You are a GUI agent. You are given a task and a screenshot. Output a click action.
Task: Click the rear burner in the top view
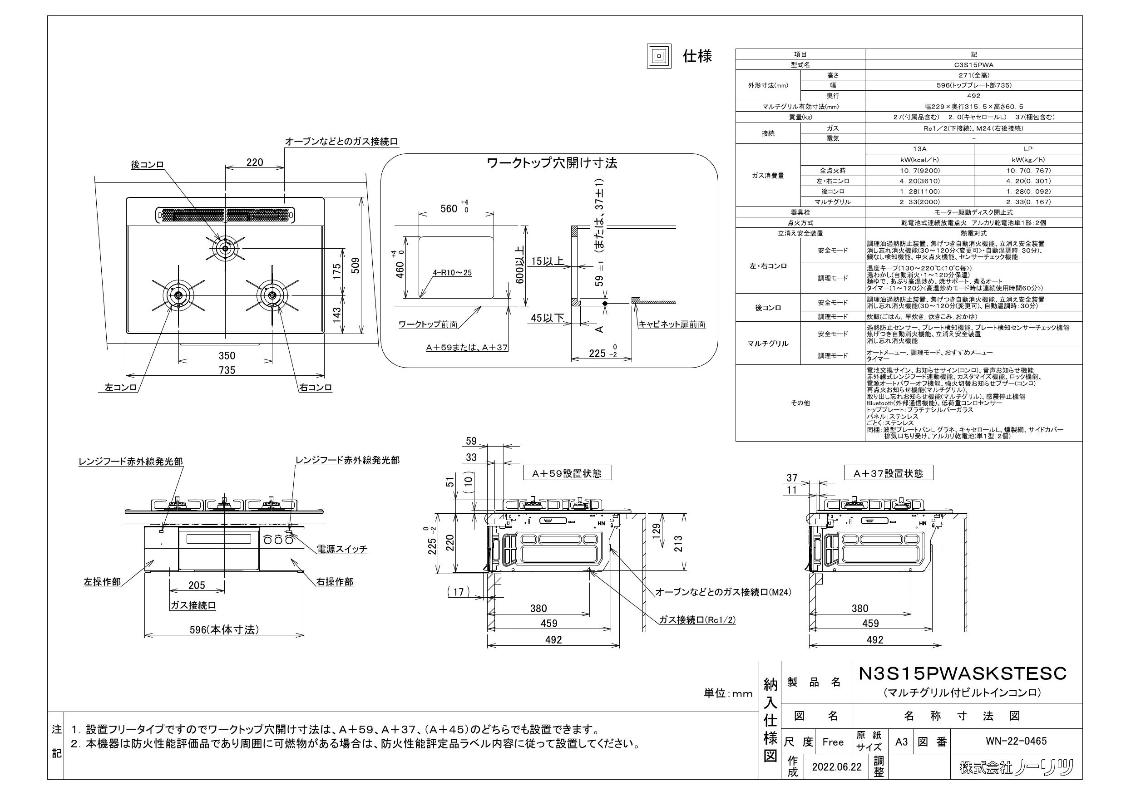pyautogui.click(x=225, y=249)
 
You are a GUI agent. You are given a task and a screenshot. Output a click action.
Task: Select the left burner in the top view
pyautogui.click(x=178, y=295)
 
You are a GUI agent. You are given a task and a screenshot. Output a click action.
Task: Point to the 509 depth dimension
pyautogui.click(x=356, y=265)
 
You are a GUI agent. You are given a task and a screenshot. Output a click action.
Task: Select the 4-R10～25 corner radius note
pyautogui.click(x=452, y=273)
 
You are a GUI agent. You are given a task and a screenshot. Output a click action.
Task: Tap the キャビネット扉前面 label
pyautogui.click(x=672, y=324)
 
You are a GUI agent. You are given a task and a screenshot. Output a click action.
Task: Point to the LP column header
pyautogui.click(x=1028, y=149)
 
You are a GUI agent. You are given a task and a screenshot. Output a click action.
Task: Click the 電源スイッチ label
pyautogui.click(x=342, y=549)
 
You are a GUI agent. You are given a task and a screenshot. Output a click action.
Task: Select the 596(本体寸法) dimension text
pyautogui.click(x=224, y=630)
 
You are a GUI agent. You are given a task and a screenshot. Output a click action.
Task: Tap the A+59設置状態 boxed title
pyautogui.click(x=567, y=473)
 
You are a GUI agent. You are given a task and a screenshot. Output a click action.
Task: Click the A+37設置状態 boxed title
pyautogui.click(x=888, y=473)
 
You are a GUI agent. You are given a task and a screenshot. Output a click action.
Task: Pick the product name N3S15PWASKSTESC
pyautogui.click(x=963, y=673)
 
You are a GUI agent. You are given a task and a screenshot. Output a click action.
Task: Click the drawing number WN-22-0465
pyautogui.click(x=1016, y=741)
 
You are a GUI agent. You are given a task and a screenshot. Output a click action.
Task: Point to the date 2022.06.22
pyautogui.click(x=837, y=767)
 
